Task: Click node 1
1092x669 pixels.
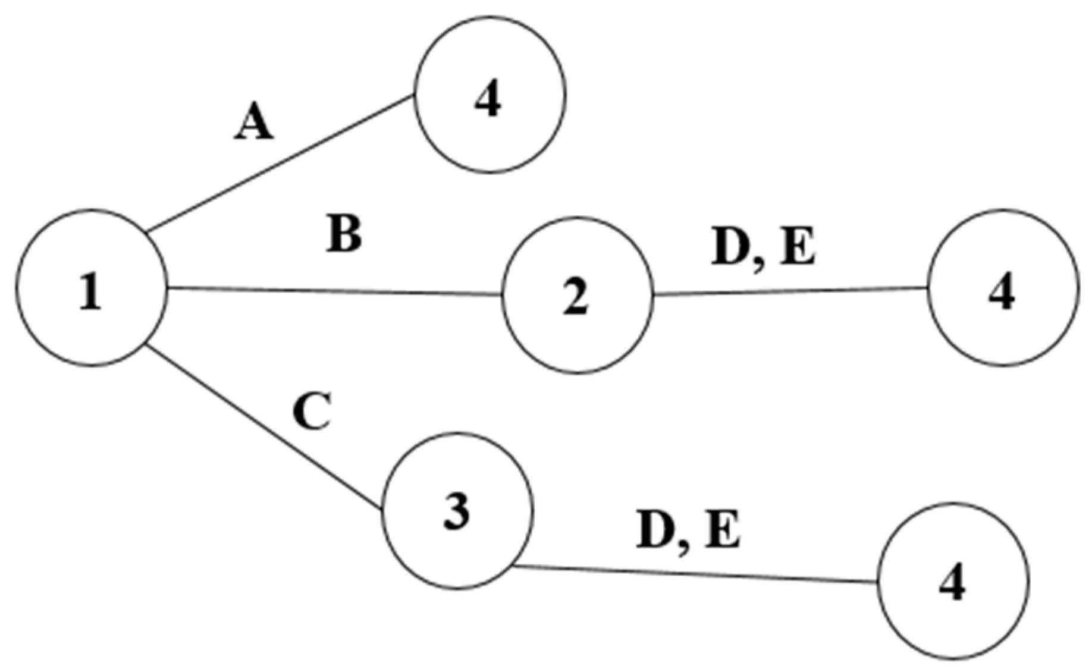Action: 91,287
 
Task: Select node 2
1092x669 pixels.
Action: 576,295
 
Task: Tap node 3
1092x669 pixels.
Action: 457,511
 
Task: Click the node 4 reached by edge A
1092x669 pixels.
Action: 490,95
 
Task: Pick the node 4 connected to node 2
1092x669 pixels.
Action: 1003,288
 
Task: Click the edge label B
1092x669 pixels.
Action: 344,235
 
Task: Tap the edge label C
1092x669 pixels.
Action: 312,412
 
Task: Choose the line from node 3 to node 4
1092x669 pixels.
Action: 696,574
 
